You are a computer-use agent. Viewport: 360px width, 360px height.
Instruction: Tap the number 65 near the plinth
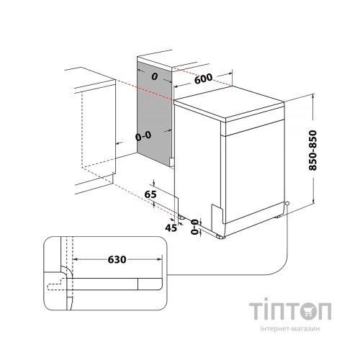point(150,195)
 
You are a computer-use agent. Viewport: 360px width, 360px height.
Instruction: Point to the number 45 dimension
point(170,228)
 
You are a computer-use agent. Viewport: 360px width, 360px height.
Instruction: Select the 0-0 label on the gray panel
point(143,135)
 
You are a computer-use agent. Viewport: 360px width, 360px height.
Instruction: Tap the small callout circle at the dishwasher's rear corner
point(287,204)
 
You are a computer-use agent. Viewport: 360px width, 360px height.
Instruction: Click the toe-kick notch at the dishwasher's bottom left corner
point(217,215)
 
